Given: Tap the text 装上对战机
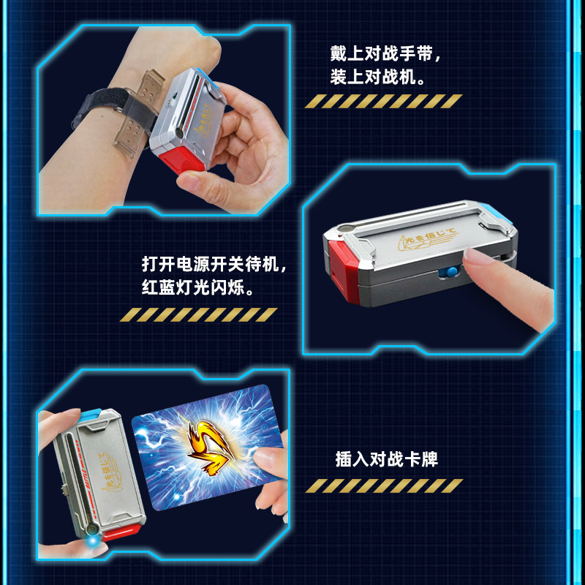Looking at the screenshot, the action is coord(373,78).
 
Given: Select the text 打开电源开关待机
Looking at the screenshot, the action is coord(211,264).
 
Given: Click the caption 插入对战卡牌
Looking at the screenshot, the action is coord(387,459).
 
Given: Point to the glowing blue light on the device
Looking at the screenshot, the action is coord(92,540).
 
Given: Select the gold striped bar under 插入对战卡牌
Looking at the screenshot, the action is coord(385,486).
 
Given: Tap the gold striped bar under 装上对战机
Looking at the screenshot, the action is coord(383,101).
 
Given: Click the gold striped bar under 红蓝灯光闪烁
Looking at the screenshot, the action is coord(198,314).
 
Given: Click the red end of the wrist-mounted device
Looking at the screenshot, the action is coord(181,159).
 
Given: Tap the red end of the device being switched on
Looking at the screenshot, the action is coord(343,270).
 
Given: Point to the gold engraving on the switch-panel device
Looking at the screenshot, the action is coord(426,239).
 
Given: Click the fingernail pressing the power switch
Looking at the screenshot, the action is coord(473,257).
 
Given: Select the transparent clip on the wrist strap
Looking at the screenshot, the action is coord(139,113).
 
